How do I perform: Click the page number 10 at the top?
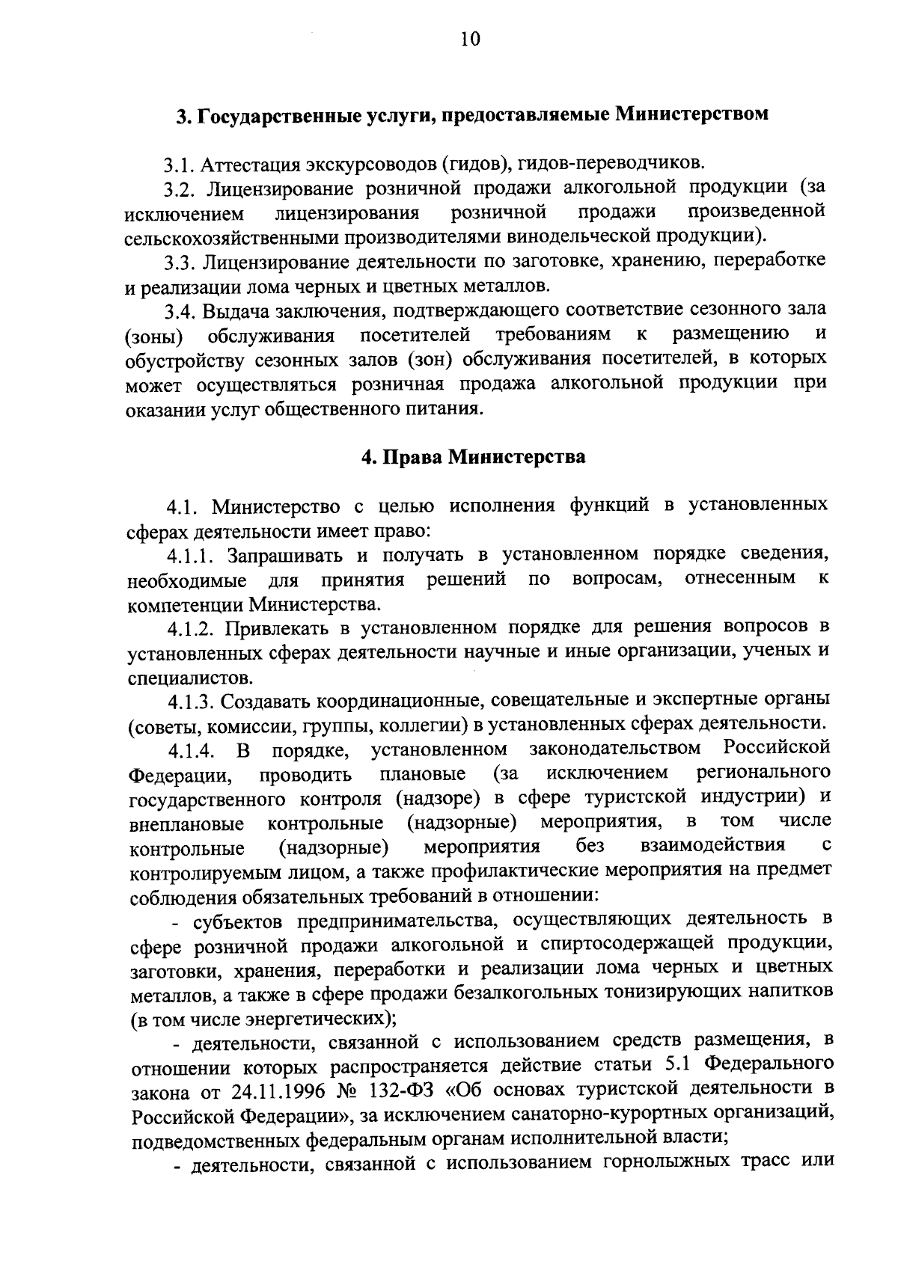pyautogui.click(x=470, y=40)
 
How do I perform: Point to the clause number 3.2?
pyautogui.click(x=182, y=187)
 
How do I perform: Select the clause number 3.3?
pyautogui.click(x=182, y=262)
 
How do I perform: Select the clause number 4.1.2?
pyautogui.click(x=192, y=627)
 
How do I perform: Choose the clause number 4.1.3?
pyautogui.click(x=192, y=701)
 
